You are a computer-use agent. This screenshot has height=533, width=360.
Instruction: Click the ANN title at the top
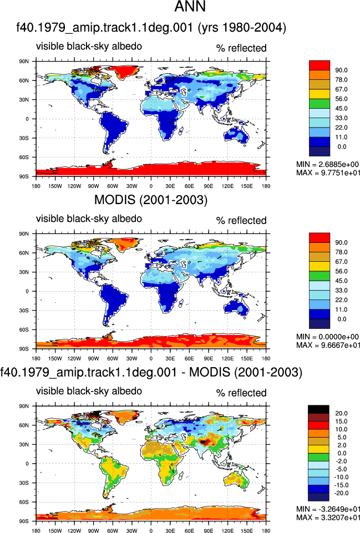[x=190, y=7]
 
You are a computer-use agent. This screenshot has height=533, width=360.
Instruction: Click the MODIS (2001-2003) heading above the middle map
[x=150, y=200]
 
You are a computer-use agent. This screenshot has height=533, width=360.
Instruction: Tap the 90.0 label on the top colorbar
[x=341, y=70]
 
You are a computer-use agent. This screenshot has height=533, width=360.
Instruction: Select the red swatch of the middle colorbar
[x=319, y=237]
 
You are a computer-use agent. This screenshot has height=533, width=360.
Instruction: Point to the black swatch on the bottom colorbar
[x=318, y=409]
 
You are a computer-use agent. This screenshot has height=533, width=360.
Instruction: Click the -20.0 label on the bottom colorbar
[x=341, y=493]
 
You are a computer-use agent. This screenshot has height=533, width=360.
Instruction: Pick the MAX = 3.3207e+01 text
[x=328, y=517]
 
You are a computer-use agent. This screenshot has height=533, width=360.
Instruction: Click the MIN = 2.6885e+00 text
[x=327, y=165]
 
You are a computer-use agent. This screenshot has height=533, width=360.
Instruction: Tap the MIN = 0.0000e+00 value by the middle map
[x=327, y=337]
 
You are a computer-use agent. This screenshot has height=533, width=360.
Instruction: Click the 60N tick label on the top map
[x=24, y=80]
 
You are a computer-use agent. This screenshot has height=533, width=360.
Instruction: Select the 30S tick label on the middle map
[x=24, y=311]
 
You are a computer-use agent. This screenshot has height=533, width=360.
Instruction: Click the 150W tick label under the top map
[x=55, y=186]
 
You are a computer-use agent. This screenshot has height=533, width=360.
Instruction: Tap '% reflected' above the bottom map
[x=241, y=393]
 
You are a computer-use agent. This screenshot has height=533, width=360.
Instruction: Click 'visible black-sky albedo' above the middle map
[x=89, y=219]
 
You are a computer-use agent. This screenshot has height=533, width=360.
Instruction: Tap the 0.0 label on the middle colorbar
[x=342, y=319]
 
